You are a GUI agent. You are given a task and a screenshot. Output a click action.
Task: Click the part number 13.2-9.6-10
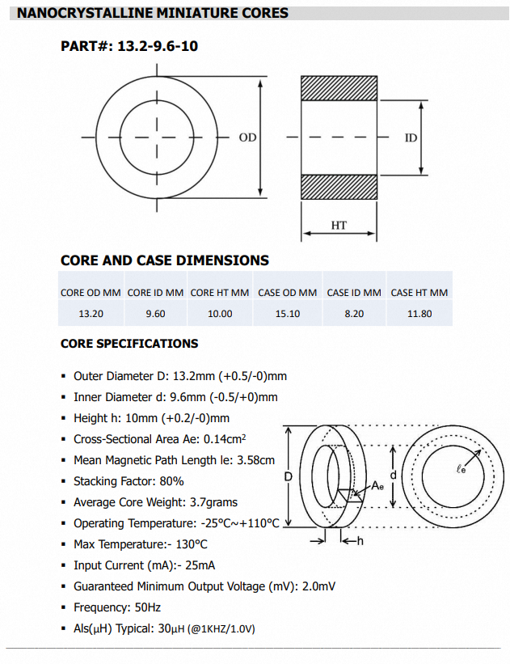click(158, 46)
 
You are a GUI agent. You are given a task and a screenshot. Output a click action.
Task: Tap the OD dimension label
click(247, 137)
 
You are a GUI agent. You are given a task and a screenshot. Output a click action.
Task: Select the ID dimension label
click(411, 137)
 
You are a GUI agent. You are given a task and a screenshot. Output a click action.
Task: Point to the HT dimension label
click(339, 225)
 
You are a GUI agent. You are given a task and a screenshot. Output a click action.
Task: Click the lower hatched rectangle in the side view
click(339, 186)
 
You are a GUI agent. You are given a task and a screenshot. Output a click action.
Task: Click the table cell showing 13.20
click(91, 314)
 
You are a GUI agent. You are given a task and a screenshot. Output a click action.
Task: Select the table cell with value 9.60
click(155, 314)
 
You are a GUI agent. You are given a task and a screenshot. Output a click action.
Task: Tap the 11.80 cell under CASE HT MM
click(419, 314)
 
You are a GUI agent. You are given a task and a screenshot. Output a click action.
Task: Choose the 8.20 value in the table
click(354, 314)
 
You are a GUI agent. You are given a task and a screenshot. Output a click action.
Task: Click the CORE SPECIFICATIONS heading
click(129, 344)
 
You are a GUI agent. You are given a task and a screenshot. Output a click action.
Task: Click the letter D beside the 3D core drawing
click(289, 477)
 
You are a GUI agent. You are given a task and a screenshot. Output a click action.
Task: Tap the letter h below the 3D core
click(360, 540)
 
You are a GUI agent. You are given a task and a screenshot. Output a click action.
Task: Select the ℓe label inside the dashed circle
click(461, 469)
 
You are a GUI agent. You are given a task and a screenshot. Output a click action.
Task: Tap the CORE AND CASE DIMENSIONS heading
click(165, 260)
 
